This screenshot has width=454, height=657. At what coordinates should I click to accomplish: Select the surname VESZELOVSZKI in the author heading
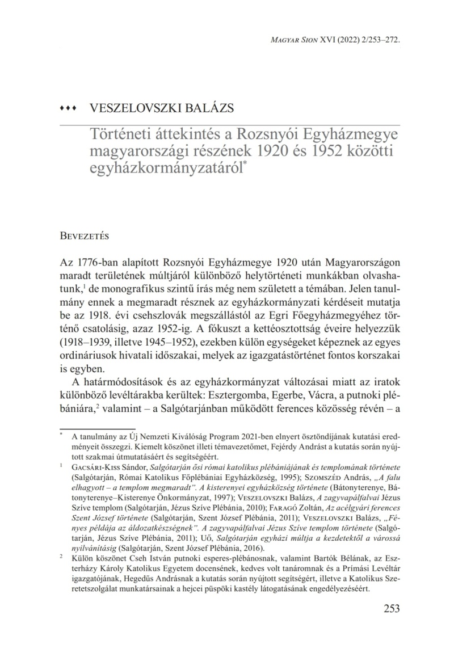131,108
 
